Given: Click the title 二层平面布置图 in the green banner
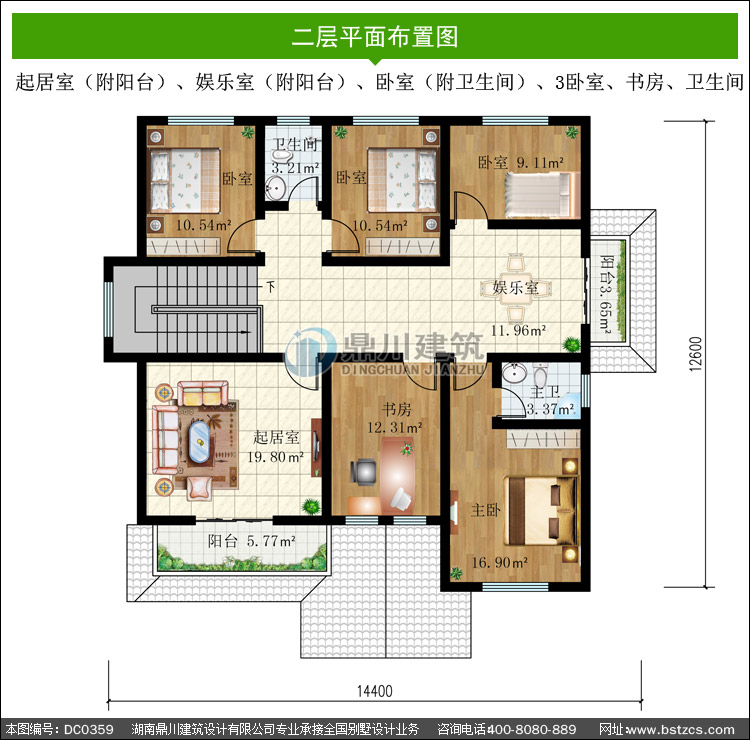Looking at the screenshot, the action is click(x=375, y=37).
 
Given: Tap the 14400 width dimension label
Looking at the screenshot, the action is click(x=375, y=691).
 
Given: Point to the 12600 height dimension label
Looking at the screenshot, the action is click(x=696, y=354).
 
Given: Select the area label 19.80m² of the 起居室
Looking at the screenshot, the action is click(x=276, y=457).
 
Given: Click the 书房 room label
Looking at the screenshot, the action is click(x=397, y=409).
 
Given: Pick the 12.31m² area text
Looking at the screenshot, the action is click(x=395, y=427).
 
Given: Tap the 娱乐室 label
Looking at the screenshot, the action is click(x=515, y=287).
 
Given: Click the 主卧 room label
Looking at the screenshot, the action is click(x=485, y=510).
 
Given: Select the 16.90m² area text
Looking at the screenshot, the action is click(x=499, y=563).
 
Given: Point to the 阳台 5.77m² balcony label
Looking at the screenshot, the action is click(x=252, y=541).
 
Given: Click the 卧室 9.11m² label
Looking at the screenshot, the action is click(x=521, y=163).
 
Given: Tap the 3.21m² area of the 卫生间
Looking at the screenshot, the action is click(x=295, y=168).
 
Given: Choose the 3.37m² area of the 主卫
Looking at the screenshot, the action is click(x=550, y=409).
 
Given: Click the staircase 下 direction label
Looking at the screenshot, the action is click(x=271, y=287).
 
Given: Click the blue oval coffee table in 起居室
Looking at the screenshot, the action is click(x=199, y=441).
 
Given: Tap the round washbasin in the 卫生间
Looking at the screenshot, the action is click(x=276, y=188).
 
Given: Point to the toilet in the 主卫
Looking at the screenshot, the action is click(x=540, y=375).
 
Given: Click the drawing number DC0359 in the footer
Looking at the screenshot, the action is click(x=88, y=729).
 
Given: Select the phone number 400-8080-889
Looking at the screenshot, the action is click(x=531, y=729).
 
